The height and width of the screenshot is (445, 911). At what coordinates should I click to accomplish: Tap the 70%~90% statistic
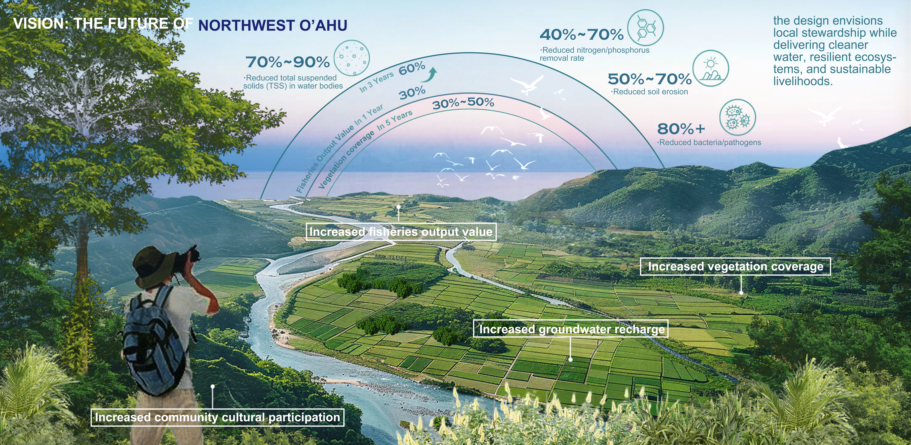(287, 62)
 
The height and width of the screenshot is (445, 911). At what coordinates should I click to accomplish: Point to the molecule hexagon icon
(645, 28)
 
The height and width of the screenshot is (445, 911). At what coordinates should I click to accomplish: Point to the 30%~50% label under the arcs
(463, 103)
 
